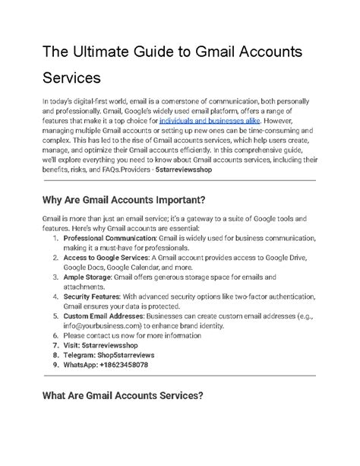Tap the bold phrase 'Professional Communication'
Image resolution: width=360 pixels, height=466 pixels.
pos(101,239)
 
